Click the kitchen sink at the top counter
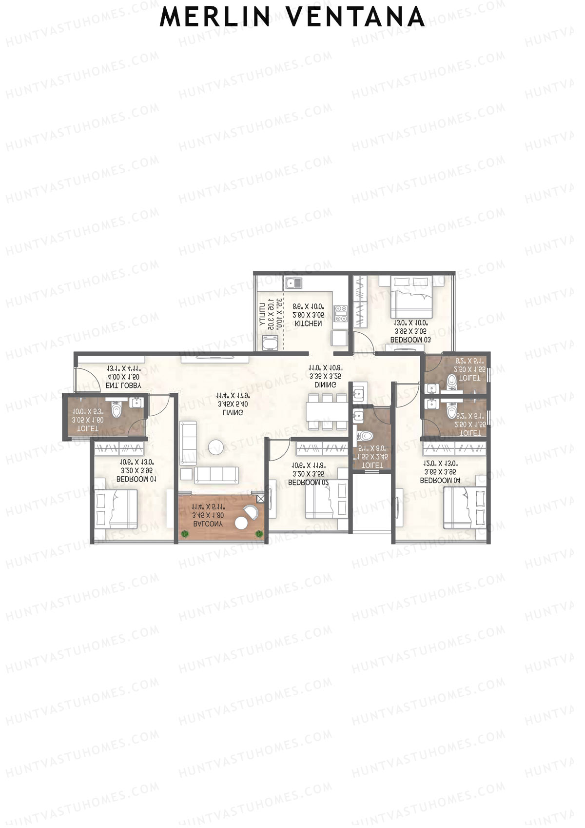294,283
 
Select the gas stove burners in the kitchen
340,314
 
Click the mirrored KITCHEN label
308,323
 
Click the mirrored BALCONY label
208,524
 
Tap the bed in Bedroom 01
117,508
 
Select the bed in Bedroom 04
464,507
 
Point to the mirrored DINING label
325,385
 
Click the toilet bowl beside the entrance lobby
116,409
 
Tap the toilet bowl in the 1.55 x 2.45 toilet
365,436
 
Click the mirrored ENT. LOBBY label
123,385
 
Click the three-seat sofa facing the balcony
216,474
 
